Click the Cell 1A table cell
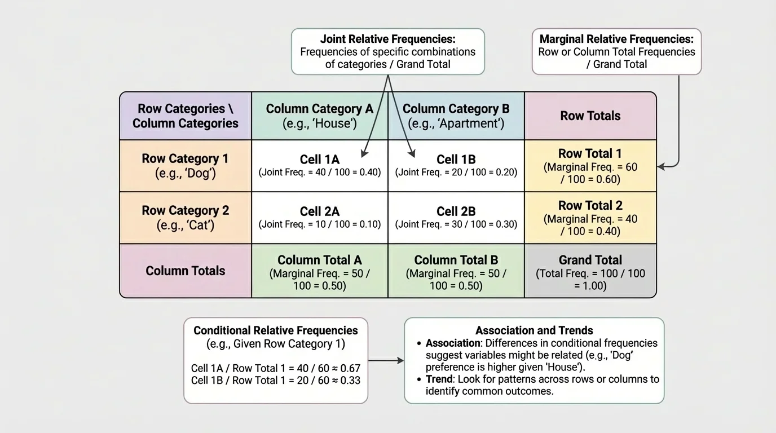(320, 165)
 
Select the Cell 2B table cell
(456, 217)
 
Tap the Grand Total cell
(590, 272)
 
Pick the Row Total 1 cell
(590, 166)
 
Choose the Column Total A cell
(320, 272)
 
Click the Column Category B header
(456, 116)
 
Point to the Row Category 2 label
(186, 217)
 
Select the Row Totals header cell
(590, 116)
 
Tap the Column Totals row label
(186, 271)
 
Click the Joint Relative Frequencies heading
(387, 39)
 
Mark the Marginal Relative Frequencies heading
(616, 39)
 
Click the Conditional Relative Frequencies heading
(276, 331)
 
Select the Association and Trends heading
(534, 331)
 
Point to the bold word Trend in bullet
(439, 379)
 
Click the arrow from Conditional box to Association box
(386, 360)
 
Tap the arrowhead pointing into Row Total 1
(662, 166)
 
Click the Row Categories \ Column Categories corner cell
(186, 116)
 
